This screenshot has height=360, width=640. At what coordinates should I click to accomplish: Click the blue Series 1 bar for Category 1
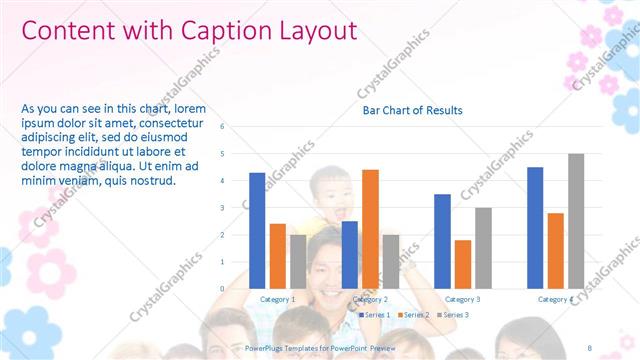[x=257, y=230]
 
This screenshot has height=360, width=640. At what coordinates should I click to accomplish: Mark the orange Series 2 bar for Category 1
[x=278, y=255]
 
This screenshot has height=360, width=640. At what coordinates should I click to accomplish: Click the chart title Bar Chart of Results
[x=412, y=110]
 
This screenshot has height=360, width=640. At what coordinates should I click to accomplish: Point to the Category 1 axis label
[x=277, y=299]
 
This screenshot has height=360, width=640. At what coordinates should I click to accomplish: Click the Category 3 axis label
[x=462, y=299]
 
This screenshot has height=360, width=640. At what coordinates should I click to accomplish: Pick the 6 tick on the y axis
[x=235, y=127]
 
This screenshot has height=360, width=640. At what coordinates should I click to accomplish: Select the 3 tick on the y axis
[x=235, y=208]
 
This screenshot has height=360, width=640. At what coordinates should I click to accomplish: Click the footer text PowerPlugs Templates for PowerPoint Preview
[x=321, y=349]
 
